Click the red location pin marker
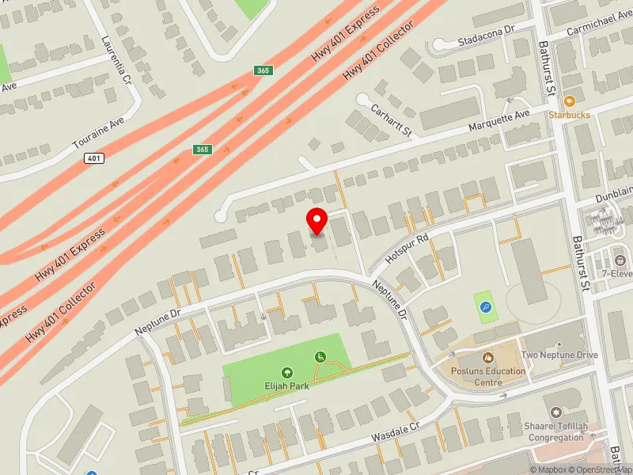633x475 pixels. pos(317,221)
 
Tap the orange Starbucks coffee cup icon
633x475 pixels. pos(569,101)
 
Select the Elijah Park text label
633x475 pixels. pos(286,386)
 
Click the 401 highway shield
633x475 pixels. pos(94,158)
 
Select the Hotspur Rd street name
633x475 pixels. pos(407,248)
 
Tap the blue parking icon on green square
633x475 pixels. pos(486,306)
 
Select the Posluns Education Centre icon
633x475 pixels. pos(487,358)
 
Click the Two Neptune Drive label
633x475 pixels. pos(559,355)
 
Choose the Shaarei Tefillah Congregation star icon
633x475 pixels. pos(555,412)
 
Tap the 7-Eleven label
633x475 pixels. pos(616,274)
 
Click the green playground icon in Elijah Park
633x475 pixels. pos(320,357)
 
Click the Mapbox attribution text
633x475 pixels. pos(549,469)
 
